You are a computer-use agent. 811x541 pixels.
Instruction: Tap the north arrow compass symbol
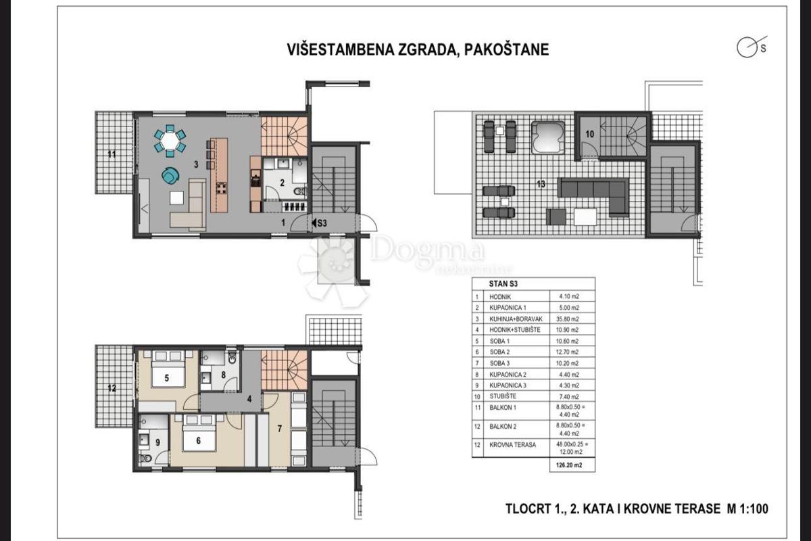pyautogui.click(x=747, y=48)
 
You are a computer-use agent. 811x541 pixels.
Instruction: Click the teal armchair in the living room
pyautogui.click(x=170, y=175)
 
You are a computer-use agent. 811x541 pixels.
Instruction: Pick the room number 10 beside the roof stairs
pyautogui.click(x=589, y=133)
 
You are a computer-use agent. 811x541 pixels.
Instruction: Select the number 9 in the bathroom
pyautogui.click(x=157, y=443)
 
